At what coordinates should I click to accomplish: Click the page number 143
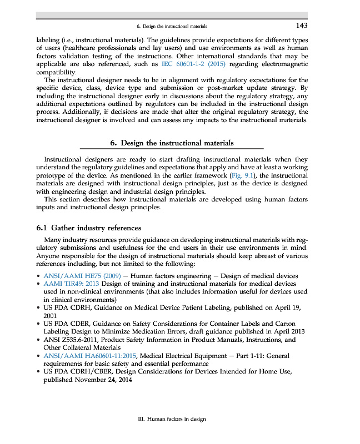pos(301,26)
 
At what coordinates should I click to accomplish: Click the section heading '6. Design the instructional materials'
pos(172,143)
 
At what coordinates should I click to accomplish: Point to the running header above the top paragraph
pos(172,26)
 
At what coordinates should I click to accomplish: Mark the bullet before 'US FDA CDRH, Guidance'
pos(37,307)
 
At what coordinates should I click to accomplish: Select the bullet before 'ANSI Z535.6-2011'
pos(37,340)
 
